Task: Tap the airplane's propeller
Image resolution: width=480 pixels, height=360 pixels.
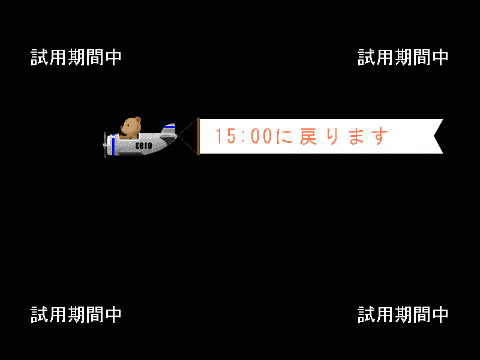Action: pos(105,145)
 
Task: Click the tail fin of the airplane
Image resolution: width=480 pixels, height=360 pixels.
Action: pos(169,129)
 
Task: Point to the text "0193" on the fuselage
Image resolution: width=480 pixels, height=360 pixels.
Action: pos(143,145)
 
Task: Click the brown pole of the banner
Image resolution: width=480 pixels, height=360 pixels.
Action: pos(198,136)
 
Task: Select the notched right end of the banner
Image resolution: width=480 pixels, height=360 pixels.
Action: pos(439,136)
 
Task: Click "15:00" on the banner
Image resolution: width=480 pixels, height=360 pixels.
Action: pos(244,136)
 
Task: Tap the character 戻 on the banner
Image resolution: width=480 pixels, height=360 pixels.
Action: pos(308,136)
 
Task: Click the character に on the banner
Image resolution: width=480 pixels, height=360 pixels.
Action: pos(284,136)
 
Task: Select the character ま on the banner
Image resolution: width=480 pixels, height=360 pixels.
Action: pos(356,136)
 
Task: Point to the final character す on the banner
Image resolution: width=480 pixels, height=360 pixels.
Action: pos(380,137)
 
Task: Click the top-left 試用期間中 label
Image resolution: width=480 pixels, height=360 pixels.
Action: pos(76,57)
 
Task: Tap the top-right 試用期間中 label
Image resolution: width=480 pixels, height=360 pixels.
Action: pos(403,57)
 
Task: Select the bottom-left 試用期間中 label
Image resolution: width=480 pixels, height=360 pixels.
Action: pos(76,314)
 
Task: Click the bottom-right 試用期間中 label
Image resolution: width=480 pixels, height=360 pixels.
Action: pos(403,314)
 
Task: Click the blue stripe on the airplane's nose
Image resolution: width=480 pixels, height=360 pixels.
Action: pos(113,144)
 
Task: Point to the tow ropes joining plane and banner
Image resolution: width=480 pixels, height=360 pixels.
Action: pos(187,136)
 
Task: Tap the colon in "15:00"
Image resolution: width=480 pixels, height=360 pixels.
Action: pos(244,137)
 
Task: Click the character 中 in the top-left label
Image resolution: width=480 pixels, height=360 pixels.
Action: pos(113,57)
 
